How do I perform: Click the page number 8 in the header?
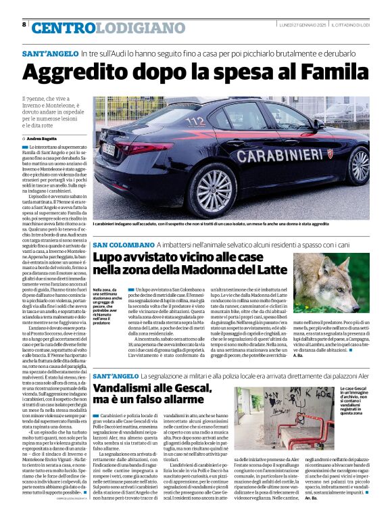(x=24, y=24)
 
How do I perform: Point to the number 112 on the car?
(x=195, y=122)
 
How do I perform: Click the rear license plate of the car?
(x=109, y=149)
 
